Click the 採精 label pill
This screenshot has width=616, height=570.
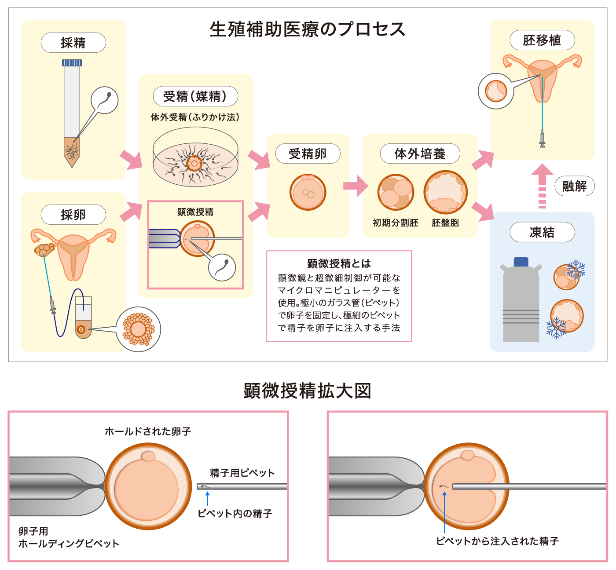click(x=73, y=43)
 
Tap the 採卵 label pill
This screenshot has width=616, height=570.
click(x=73, y=215)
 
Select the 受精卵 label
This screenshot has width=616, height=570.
click(x=308, y=154)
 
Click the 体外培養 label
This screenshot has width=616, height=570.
click(x=420, y=154)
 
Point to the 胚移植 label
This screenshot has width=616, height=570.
click(x=542, y=40)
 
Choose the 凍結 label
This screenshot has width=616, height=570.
click(x=542, y=232)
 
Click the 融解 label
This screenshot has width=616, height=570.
click(x=574, y=186)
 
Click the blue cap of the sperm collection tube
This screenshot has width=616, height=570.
click(x=72, y=63)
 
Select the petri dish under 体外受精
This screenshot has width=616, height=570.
click(x=195, y=163)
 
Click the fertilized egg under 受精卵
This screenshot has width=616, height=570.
click(x=308, y=192)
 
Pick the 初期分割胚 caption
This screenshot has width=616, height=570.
click(x=396, y=223)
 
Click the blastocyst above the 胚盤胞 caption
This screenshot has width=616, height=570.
click(x=445, y=192)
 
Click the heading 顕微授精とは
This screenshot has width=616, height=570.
click(x=339, y=263)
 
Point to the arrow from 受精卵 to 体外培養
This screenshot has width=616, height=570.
click(x=356, y=186)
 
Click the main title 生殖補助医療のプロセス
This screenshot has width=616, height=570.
click(x=308, y=29)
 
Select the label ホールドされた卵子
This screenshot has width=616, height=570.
click(x=148, y=431)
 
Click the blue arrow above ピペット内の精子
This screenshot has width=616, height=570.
click(x=207, y=499)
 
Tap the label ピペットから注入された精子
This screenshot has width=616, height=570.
click(x=497, y=541)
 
